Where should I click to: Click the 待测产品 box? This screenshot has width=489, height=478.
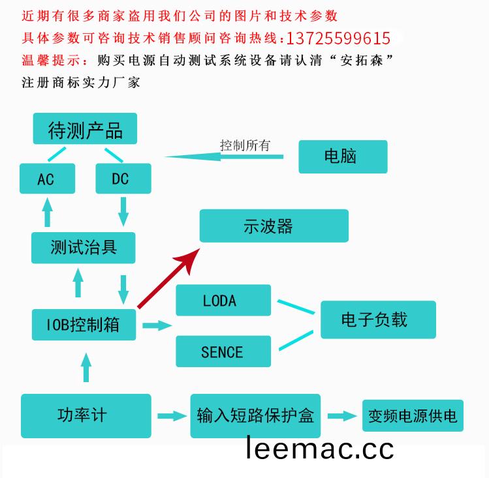[85, 128]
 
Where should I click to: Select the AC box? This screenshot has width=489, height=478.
[48, 179]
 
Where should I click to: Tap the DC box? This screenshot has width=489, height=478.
[123, 179]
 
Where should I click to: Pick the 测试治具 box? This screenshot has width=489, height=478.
[84, 248]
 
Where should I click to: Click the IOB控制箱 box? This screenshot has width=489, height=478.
[84, 325]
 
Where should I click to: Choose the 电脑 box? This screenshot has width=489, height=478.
[343, 157]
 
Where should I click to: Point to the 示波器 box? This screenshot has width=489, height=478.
[274, 226]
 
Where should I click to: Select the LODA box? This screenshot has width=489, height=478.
[223, 300]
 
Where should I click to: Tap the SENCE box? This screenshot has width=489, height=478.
[223, 351]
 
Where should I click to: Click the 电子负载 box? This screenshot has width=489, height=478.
[378, 320]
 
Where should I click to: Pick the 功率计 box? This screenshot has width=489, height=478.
[86, 415]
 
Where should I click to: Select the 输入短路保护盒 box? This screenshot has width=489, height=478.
[255, 415]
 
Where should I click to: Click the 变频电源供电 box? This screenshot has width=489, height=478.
[413, 415]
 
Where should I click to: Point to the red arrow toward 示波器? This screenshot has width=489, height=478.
[168, 278]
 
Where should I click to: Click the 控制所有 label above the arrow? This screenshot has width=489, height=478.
[245, 145]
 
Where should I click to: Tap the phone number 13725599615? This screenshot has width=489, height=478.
[338, 38]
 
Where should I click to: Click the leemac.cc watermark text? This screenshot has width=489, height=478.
[320, 447]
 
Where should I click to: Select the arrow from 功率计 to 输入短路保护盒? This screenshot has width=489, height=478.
[172, 416]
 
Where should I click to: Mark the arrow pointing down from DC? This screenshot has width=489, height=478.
[123, 211]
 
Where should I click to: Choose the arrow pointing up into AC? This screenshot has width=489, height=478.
[48, 212]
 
